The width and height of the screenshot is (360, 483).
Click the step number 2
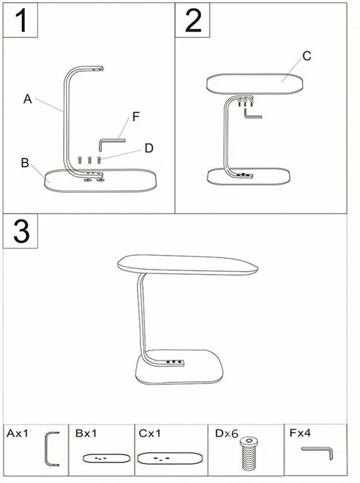pyautogui.click(x=193, y=20)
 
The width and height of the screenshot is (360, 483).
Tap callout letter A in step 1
pyautogui.click(x=28, y=99)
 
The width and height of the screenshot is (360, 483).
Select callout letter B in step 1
pyautogui.click(x=25, y=163)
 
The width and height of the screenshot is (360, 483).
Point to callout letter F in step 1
pyautogui.click(x=136, y=117)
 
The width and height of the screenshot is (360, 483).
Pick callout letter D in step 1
pyautogui.click(x=149, y=148)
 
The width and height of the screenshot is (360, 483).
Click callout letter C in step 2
pyautogui.click(x=307, y=56)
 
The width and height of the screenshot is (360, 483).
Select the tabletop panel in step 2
pyautogui.click(x=255, y=84)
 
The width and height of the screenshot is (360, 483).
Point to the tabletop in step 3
pyautogui.click(x=187, y=265)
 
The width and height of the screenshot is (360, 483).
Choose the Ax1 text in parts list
pyautogui.click(x=17, y=433)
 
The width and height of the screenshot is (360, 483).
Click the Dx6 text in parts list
pyautogui.click(x=227, y=433)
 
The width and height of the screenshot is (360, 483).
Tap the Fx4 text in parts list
pyautogui.click(x=300, y=433)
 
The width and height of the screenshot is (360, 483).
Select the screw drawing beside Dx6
pyautogui.click(x=249, y=454)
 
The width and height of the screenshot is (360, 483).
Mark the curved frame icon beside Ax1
pyautogui.click(x=46, y=449)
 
